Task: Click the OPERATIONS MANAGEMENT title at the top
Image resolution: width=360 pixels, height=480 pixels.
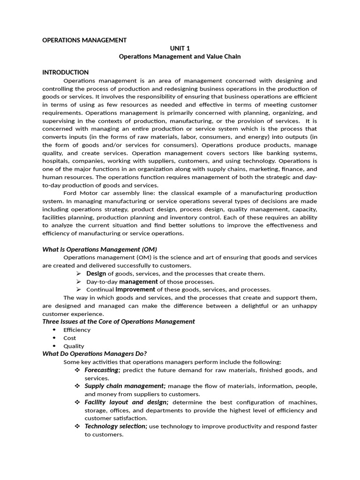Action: (84, 40)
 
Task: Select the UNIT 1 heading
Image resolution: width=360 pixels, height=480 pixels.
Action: (180, 48)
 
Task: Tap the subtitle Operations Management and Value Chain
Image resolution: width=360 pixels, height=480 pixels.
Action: (180, 56)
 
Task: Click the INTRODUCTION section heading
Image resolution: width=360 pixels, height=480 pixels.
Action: (65, 72)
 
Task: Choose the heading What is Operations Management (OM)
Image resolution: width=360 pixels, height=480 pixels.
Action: (99, 249)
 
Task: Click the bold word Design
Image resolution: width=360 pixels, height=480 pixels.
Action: (96, 273)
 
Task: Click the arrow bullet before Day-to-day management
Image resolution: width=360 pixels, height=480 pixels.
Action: (78, 282)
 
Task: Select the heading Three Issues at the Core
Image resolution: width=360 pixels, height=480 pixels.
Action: (118, 322)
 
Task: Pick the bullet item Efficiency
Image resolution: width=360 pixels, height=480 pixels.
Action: (77, 330)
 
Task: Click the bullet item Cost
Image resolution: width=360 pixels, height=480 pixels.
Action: (70, 338)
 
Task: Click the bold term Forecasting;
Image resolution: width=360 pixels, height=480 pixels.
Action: (103, 370)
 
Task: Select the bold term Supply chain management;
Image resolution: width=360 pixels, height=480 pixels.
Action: (125, 386)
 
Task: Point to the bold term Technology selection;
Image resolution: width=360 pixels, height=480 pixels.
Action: (116, 426)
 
